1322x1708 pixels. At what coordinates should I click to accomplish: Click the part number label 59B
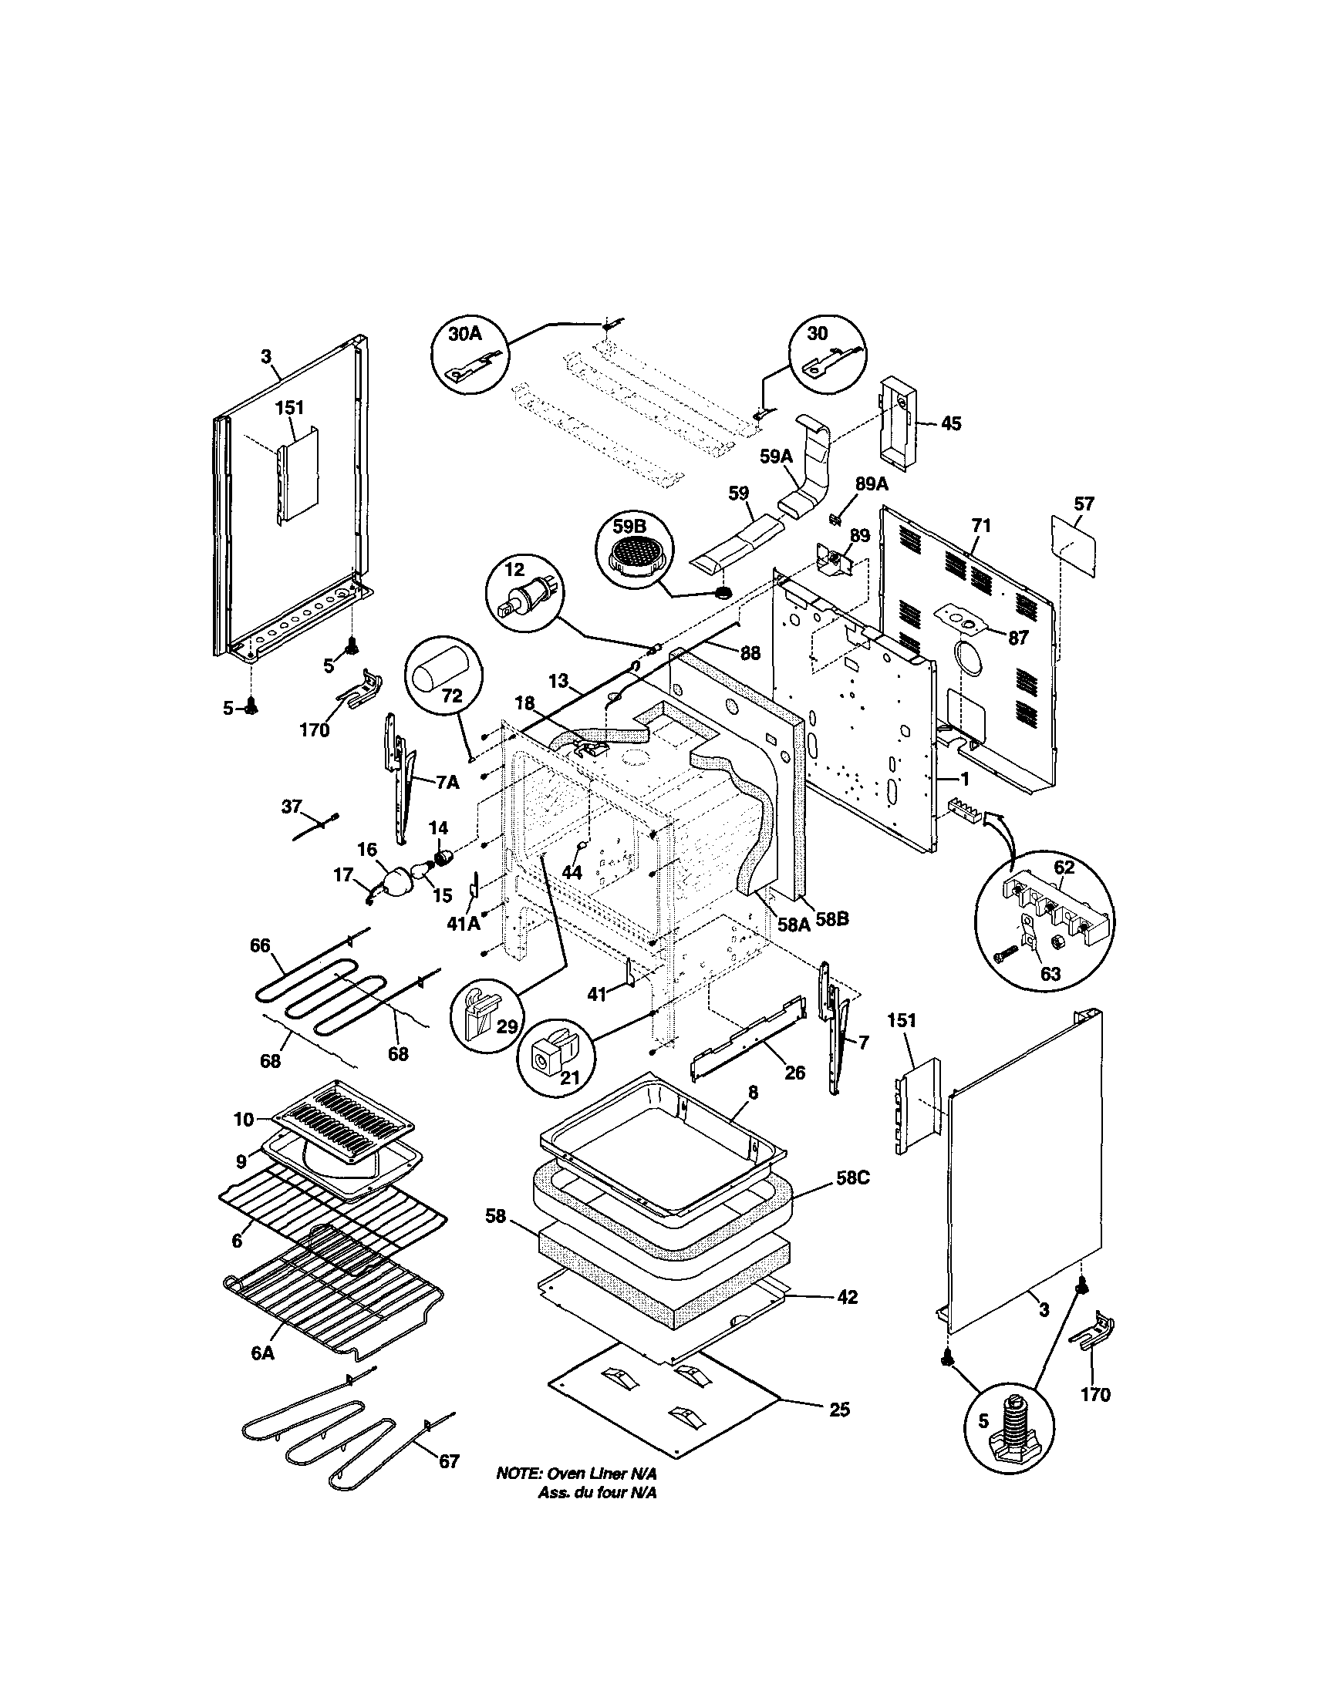(x=631, y=527)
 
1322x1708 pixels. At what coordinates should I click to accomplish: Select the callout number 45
(x=951, y=423)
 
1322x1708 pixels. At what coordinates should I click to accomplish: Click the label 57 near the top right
(x=1084, y=504)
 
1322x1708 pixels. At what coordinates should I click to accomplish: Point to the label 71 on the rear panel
(x=981, y=527)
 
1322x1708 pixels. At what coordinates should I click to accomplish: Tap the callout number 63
(x=1050, y=974)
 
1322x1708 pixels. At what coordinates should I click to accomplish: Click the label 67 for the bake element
(x=449, y=1461)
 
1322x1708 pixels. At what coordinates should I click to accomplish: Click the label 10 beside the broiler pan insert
(x=243, y=1120)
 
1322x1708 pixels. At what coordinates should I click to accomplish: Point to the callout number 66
(x=260, y=945)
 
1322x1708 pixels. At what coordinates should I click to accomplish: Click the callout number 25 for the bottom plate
(x=839, y=1410)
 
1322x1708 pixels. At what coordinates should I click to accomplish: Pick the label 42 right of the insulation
(x=847, y=1298)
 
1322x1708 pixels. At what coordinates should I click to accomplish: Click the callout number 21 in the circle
(x=570, y=1076)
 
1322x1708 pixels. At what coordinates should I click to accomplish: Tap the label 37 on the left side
(x=292, y=807)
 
